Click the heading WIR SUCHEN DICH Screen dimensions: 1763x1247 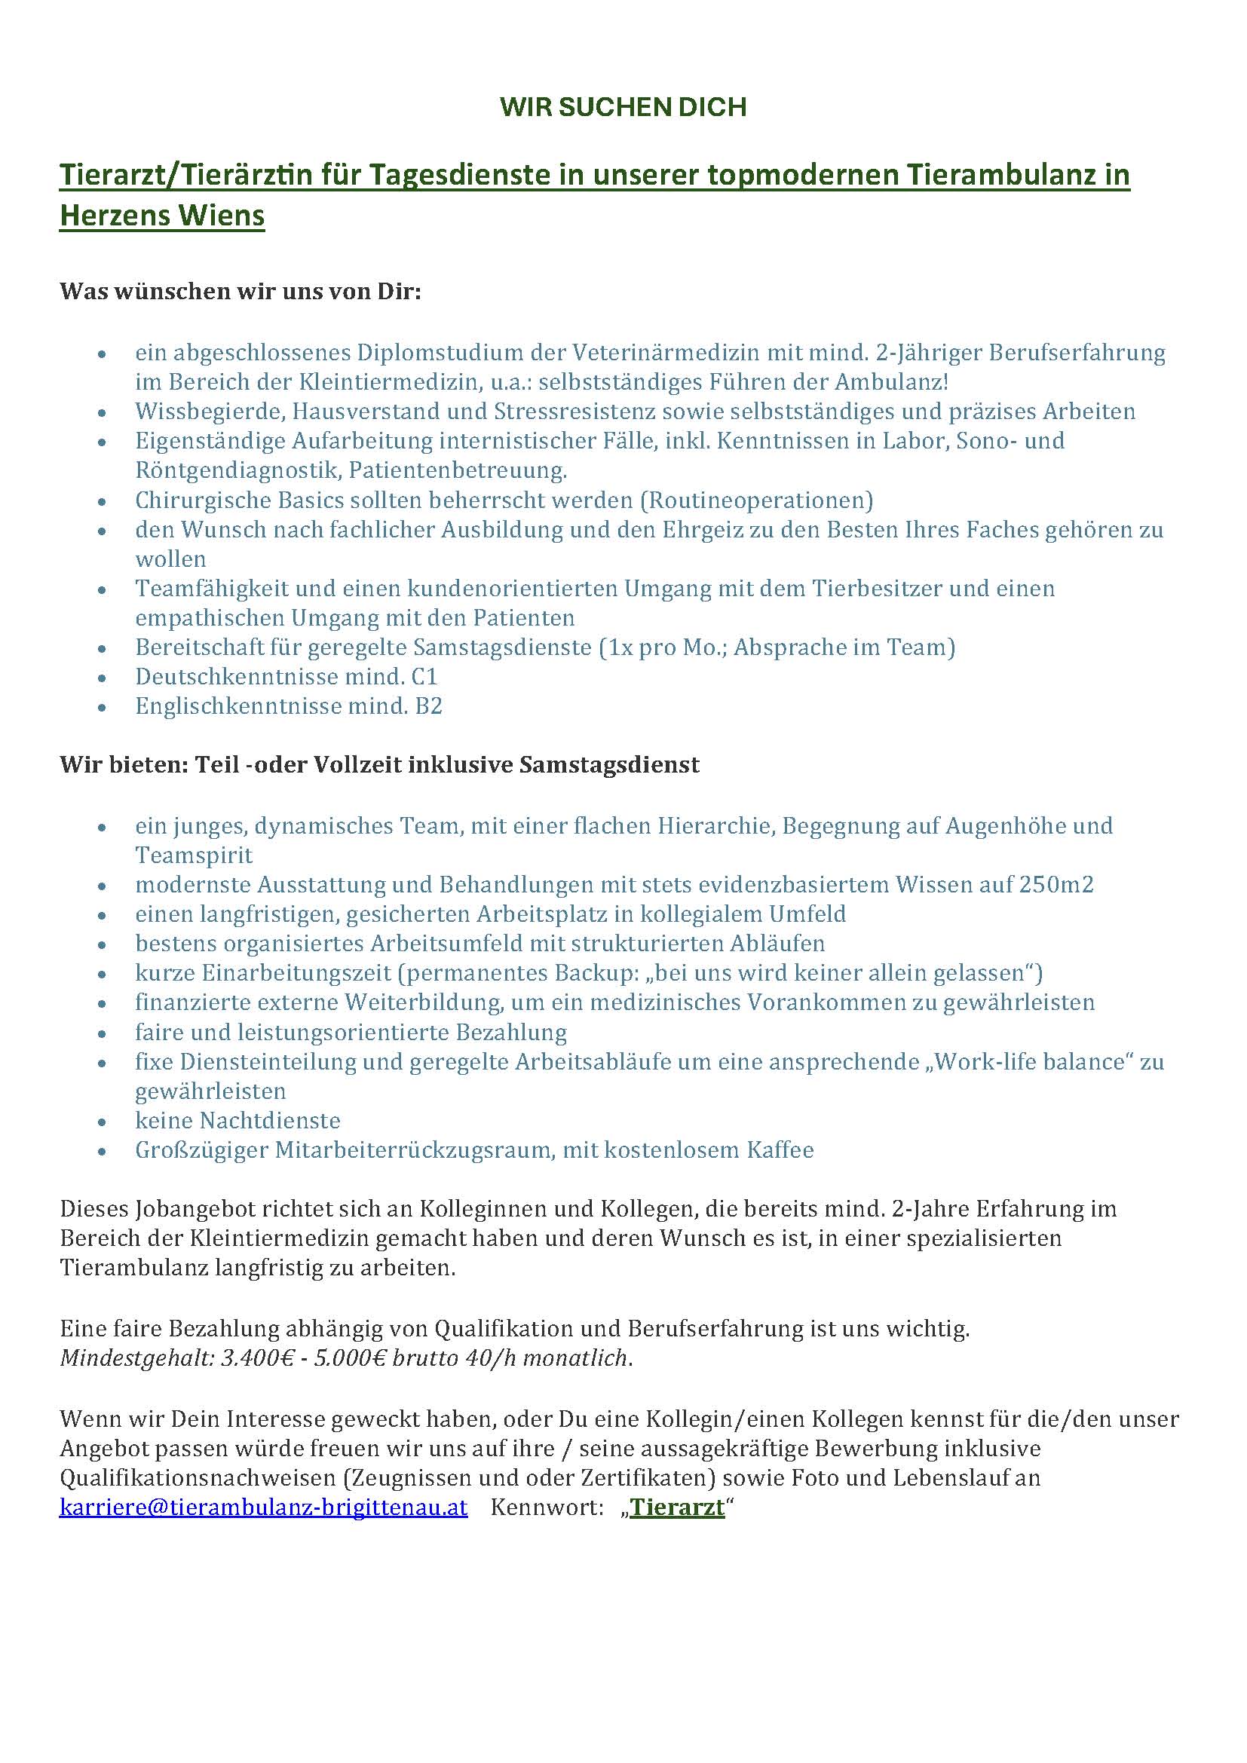(x=623, y=107)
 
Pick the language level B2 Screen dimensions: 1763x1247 (x=429, y=706)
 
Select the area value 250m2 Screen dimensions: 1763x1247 (x=1056, y=885)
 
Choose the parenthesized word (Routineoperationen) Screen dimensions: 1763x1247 (x=757, y=500)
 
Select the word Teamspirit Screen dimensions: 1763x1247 (x=194, y=855)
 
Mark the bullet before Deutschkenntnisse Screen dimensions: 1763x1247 (x=102, y=678)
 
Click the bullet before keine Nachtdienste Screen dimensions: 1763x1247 (x=102, y=1122)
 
